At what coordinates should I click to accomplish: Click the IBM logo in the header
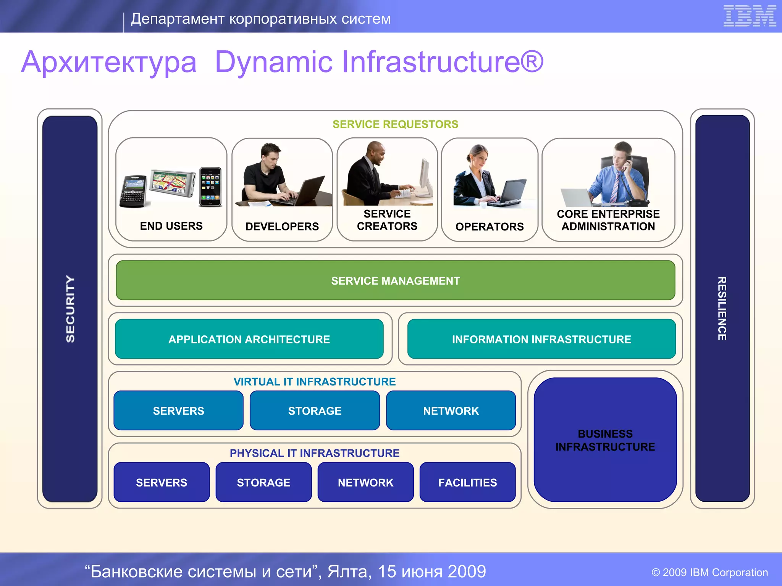750,16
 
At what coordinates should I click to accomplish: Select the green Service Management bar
395,280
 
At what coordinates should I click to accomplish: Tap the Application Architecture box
249,339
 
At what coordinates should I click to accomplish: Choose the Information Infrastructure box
541,339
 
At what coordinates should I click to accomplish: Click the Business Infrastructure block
605,440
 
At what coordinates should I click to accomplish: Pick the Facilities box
467,482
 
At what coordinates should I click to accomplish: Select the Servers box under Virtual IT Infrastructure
178,411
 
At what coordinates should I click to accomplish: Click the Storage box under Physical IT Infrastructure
263,482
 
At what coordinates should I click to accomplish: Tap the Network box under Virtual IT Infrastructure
451,411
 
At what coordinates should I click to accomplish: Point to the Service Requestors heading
395,124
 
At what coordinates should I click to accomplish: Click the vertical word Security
70,309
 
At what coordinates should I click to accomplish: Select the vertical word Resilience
722,309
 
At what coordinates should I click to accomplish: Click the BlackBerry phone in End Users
133,192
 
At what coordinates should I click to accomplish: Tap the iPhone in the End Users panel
210,187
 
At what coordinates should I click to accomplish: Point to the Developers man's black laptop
309,191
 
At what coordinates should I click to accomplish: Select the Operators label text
490,227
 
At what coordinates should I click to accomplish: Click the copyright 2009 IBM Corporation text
709,572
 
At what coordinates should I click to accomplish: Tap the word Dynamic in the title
274,62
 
